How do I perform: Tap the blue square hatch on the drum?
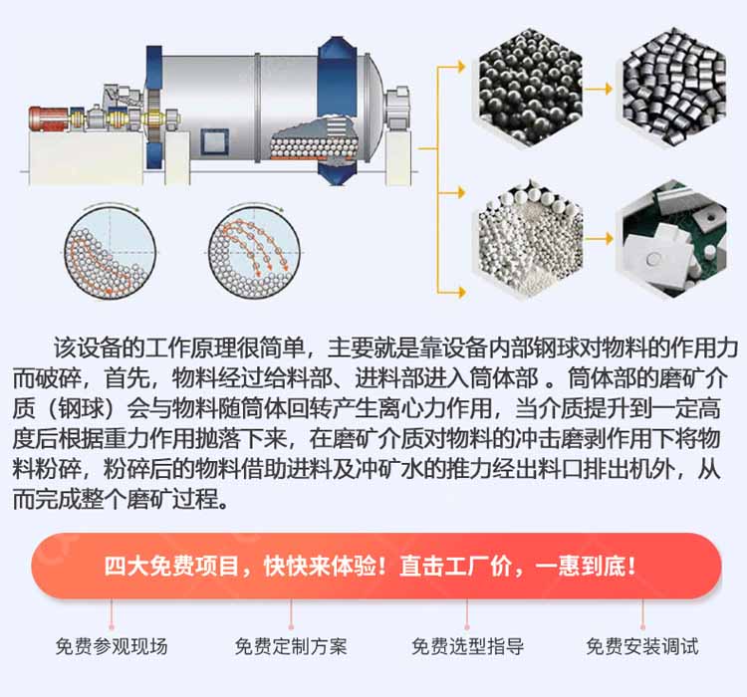pos(214,141)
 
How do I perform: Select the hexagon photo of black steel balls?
pos(530,88)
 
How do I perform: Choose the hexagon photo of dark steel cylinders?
pos(674,88)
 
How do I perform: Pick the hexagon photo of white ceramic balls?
pos(530,238)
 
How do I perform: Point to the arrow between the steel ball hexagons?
pos(599,89)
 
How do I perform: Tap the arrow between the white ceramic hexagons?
pos(599,238)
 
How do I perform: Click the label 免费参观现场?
pos(112,646)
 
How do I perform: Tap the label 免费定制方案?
pos(291,646)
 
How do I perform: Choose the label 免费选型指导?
pos(468,646)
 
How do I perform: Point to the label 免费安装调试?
pos(642,646)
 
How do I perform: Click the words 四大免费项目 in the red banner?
pos(172,567)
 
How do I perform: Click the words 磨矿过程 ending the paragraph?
pos(172,499)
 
